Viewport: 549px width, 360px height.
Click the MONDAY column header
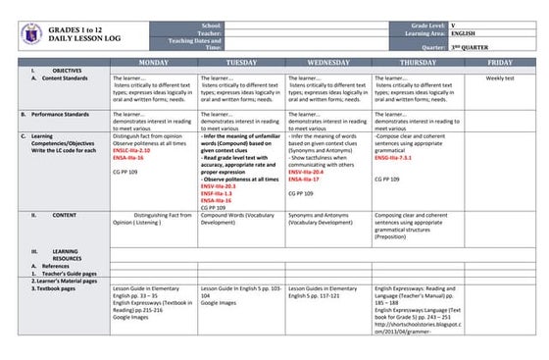click(x=153, y=63)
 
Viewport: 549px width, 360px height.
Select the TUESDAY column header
click(x=240, y=63)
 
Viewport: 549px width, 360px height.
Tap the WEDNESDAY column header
click(x=327, y=63)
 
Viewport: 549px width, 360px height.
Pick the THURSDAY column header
click(x=414, y=63)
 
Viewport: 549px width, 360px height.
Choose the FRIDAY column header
click(x=500, y=63)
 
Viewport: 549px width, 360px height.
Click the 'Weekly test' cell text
click(x=500, y=77)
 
